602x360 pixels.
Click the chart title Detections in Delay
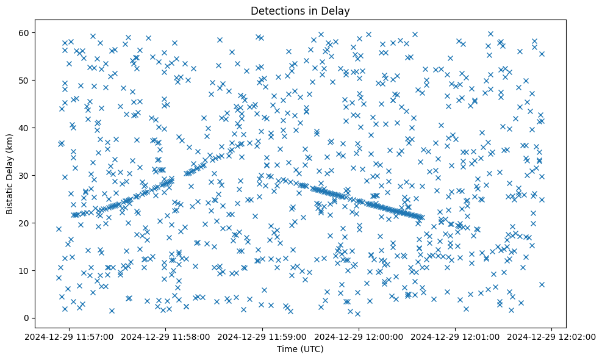pos(300,10)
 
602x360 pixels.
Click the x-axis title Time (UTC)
pos(300,349)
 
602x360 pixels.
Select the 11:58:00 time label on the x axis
pos(165,336)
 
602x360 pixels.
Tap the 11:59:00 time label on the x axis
pos(262,336)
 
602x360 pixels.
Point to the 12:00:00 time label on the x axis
pos(359,336)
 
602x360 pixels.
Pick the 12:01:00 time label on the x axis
pos(456,336)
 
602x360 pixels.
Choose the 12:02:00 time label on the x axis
pos(553,336)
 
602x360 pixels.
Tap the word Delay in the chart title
pos(338,10)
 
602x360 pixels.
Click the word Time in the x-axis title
pos(287,349)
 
